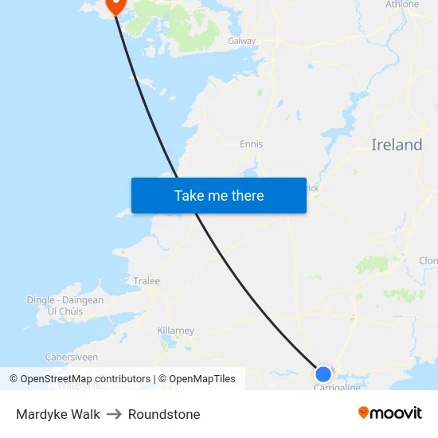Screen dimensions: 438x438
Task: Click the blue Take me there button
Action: [x=219, y=195]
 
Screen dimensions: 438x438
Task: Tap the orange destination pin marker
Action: [x=115, y=5]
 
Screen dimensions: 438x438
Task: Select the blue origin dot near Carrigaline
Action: [x=323, y=373]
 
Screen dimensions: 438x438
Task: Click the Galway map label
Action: [x=242, y=41]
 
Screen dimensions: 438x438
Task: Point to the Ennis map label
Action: [x=251, y=144]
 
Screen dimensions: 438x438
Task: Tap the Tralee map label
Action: [x=147, y=281]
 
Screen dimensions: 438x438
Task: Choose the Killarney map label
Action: [x=176, y=330]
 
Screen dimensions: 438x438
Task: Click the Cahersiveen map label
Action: [x=72, y=358]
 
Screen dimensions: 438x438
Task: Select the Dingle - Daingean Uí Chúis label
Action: [x=65, y=306]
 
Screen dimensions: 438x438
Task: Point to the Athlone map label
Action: [x=402, y=5]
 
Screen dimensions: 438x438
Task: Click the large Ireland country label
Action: [x=397, y=145]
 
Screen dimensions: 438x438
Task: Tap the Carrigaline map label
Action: [x=337, y=388]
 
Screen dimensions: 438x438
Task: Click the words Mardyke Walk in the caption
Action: [x=58, y=414]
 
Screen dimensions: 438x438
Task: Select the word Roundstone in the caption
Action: [x=164, y=414]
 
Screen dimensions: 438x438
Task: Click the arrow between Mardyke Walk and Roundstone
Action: [x=114, y=414]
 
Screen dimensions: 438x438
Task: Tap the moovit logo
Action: [x=389, y=413]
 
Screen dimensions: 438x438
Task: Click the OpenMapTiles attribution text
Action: [x=201, y=379]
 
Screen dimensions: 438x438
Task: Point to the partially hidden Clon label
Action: [x=428, y=260]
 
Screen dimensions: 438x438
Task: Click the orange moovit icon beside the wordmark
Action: [x=364, y=413]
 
